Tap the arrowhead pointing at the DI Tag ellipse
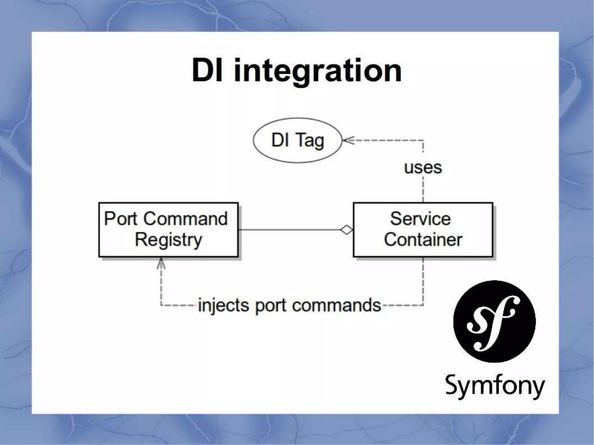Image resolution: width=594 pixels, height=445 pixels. click(x=347, y=141)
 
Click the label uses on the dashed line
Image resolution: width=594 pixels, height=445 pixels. click(x=423, y=168)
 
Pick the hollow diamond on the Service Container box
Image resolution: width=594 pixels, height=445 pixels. click(x=347, y=230)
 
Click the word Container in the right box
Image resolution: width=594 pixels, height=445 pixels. click(x=423, y=240)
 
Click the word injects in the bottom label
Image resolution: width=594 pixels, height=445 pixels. click(x=223, y=306)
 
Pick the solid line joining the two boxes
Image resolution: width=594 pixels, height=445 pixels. click(x=290, y=230)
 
